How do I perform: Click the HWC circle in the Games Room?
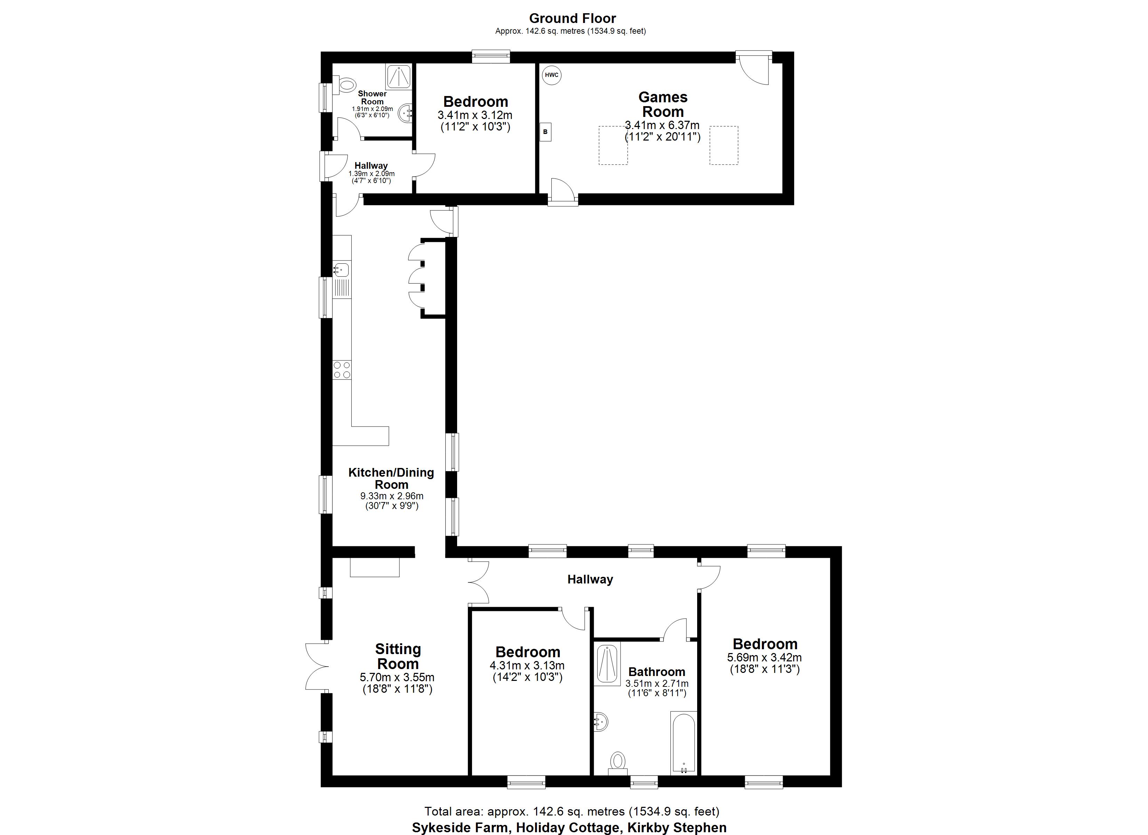point(551,75)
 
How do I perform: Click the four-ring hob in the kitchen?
point(342,370)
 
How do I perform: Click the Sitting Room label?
point(398,656)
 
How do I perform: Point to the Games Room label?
point(663,104)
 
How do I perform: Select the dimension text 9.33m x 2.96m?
point(392,496)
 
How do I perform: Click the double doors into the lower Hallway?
point(478,582)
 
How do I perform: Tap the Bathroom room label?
point(656,672)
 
